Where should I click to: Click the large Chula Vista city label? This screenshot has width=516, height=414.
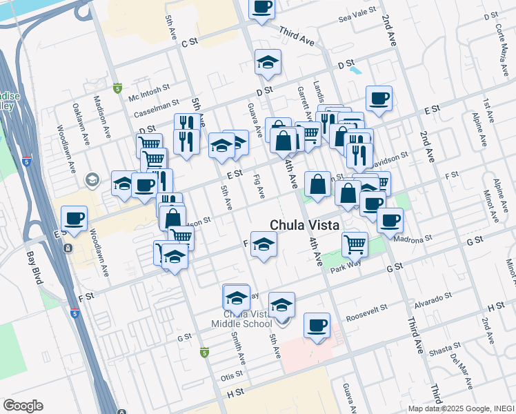pos(304,225)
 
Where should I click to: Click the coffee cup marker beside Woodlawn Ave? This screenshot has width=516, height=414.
pos(75,219)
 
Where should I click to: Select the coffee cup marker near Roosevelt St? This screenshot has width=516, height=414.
pos(317,325)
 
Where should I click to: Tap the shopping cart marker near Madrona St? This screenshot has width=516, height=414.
pos(355,243)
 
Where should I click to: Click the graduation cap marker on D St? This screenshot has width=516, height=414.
pos(268,63)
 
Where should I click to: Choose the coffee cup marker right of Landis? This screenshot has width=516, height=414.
pos(378,98)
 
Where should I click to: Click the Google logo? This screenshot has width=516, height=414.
pos(23,405)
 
